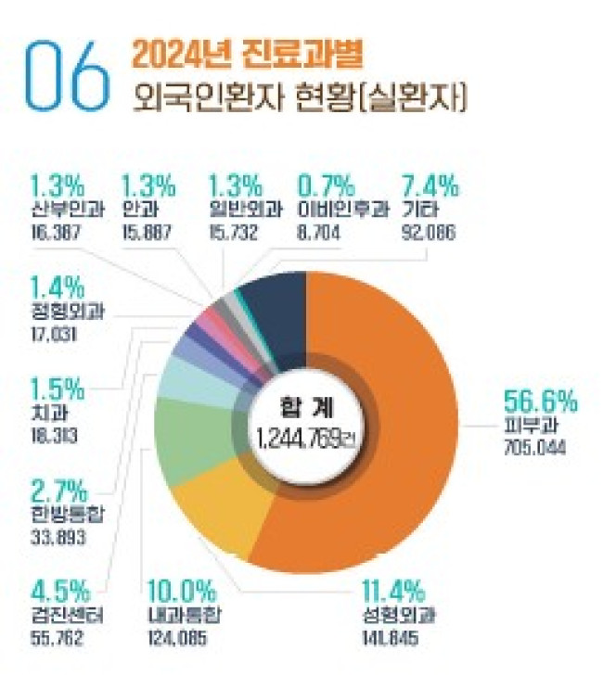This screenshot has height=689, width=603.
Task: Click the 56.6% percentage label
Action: pos(540,402)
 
